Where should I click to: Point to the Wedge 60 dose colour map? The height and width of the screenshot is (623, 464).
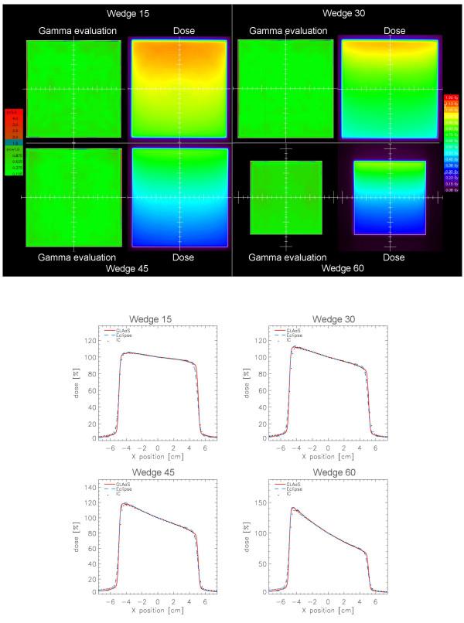(390, 197)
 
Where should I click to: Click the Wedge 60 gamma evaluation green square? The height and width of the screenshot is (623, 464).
(285, 197)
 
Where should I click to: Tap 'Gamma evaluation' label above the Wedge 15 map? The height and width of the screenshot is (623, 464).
(78, 31)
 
